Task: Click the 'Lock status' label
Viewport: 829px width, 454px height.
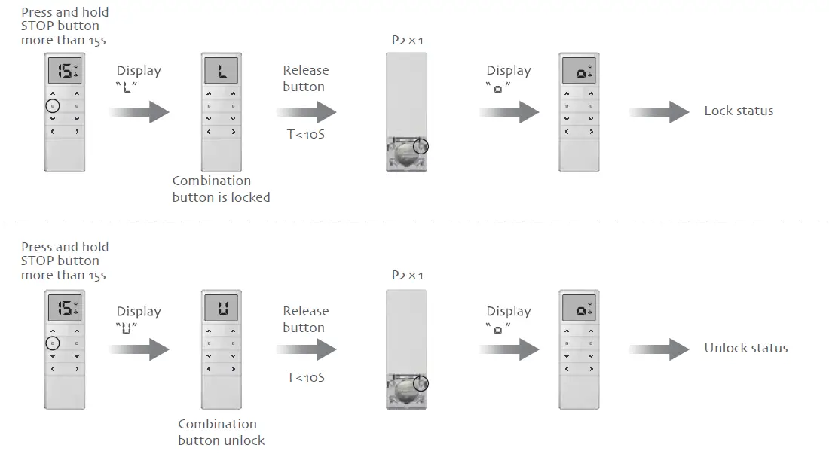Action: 738,111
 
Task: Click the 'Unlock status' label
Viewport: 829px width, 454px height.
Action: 745,348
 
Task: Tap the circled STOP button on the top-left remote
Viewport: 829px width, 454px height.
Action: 51,106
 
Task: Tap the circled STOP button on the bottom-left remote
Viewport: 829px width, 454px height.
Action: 51,343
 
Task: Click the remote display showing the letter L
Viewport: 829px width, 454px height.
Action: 220,73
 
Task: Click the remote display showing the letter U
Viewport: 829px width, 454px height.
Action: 220,308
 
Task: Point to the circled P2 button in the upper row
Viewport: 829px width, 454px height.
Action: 421,146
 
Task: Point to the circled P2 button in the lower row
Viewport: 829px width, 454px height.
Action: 421,383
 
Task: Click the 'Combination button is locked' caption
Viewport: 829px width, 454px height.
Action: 221,189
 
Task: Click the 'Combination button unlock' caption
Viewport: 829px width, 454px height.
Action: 221,432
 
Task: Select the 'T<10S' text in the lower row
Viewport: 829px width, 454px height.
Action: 306,376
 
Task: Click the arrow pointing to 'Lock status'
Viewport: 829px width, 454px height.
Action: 659,112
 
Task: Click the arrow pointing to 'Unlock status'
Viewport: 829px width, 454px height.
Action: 659,349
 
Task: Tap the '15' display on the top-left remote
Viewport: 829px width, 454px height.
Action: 65,72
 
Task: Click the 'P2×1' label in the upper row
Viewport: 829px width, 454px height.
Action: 408,40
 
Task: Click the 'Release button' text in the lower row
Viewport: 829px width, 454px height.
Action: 304,319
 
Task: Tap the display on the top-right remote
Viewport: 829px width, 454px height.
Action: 579,73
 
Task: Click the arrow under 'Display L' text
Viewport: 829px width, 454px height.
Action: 139,113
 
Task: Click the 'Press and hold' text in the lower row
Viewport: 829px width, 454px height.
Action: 65,247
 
